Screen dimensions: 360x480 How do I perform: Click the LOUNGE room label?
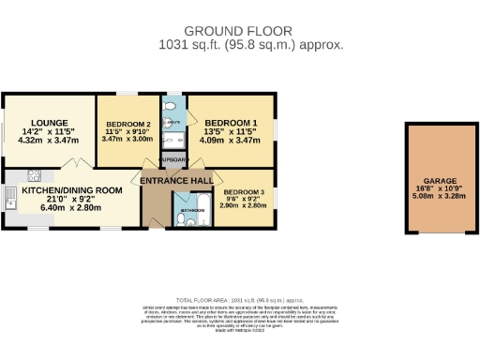tap(46, 123)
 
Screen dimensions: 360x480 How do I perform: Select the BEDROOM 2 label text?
tap(128, 125)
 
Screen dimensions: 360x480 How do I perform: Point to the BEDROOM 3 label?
tap(243, 192)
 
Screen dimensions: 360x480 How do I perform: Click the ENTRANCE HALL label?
tap(175, 179)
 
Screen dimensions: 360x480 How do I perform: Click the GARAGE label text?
tap(438, 180)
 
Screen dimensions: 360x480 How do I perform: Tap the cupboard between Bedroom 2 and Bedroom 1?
tap(174, 159)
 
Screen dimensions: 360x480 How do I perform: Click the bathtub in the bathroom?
tap(202, 209)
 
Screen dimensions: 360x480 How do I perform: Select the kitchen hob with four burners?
tap(32, 174)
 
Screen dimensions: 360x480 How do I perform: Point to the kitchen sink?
tap(10, 197)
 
